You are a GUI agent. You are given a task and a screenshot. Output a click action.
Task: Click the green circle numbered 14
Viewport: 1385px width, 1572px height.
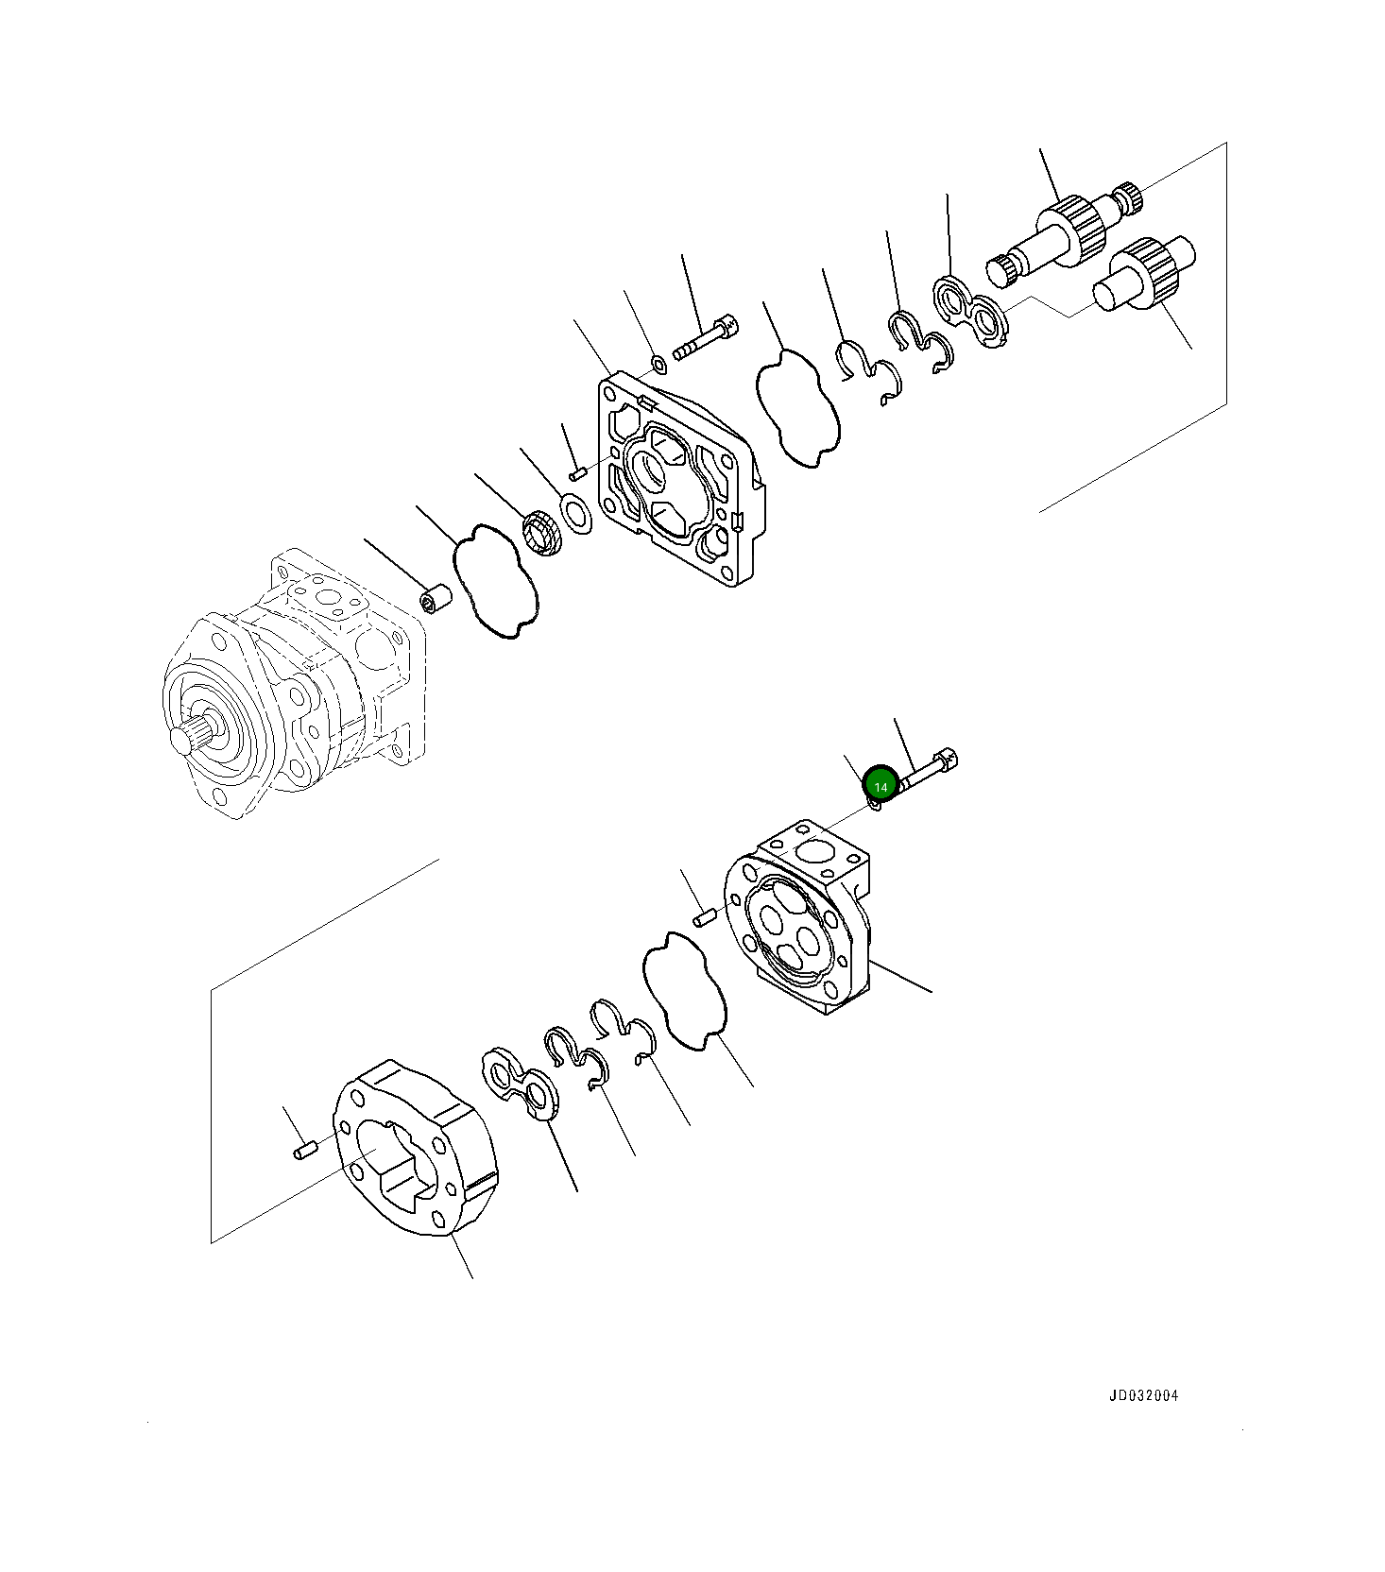(881, 786)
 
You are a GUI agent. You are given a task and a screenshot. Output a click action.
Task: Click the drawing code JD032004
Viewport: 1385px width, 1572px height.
(1143, 1395)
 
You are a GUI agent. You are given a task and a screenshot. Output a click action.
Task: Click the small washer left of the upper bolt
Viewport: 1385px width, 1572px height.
(658, 361)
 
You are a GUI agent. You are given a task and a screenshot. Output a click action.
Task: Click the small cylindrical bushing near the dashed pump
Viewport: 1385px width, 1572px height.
(436, 599)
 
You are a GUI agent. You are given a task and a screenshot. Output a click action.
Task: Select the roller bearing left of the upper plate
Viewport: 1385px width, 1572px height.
(542, 532)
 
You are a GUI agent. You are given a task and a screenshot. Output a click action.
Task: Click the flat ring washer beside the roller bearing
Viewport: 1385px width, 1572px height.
(575, 513)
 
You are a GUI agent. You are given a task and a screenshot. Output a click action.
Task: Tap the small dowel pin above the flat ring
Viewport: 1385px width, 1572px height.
(579, 471)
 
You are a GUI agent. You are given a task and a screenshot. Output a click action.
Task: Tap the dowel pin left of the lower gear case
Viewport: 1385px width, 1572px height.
(303, 1151)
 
